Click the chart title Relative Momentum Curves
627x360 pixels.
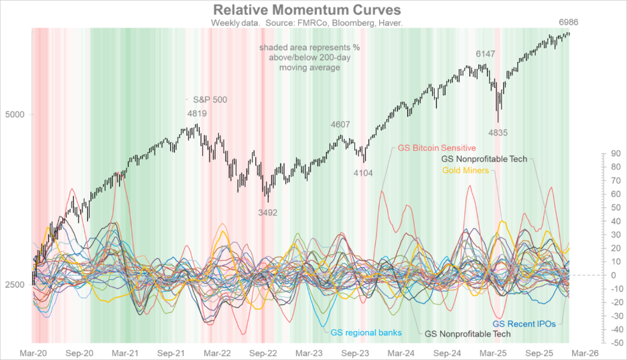coord(307,10)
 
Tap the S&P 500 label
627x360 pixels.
coord(210,99)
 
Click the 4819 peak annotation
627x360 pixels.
coord(197,113)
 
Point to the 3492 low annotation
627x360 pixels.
coord(267,212)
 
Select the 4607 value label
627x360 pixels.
coord(340,124)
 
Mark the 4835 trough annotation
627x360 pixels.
coord(498,133)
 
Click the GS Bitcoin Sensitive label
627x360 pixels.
coord(436,147)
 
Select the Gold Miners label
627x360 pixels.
coord(465,171)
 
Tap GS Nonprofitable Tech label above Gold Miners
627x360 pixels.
coord(484,160)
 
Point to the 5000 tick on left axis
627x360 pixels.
coord(16,114)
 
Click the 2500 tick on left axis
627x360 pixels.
coord(16,285)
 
